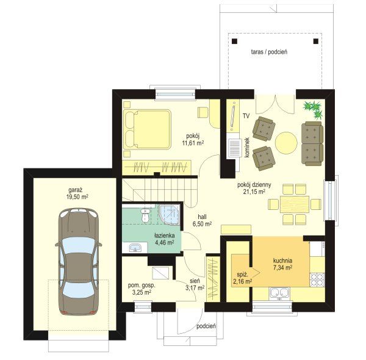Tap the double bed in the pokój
[x=147, y=129]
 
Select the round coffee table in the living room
[x=286, y=143]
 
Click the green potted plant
[x=313, y=109]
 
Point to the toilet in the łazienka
[x=145, y=215]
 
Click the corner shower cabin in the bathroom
[x=170, y=215]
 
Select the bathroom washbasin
[x=135, y=248]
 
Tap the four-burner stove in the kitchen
[x=317, y=279]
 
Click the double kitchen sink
[x=279, y=293]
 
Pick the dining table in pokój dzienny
[x=295, y=204]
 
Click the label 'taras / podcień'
[x=269, y=52]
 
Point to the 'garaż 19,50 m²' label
[x=77, y=193]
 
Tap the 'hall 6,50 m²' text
[x=202, y=221]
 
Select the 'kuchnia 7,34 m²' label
[x=282, y=264]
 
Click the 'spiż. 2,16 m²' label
[x=242, y=278]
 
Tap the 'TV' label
[x=246, y=115]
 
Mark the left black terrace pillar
[x=234, y=41]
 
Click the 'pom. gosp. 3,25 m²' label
[x=142, y=289]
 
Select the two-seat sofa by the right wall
[x=312, y=143]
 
